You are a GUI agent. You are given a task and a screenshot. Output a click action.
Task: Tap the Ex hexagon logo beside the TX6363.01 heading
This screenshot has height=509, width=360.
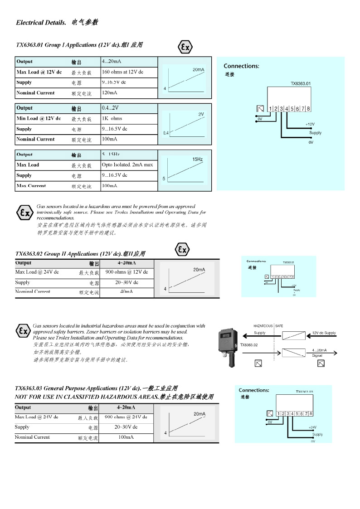click(185, 47)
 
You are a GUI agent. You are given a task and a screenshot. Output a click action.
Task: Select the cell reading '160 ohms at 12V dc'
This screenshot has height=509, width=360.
click(122, 72)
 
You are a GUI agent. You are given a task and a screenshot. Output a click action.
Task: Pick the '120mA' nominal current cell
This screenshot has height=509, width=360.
click(109, 93)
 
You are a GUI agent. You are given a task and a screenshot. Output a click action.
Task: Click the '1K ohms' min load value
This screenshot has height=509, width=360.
click(112, 119)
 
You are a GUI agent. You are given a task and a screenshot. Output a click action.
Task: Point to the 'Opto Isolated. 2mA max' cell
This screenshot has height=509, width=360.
click(127, 165)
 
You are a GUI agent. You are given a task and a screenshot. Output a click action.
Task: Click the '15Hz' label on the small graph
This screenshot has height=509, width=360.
click(197, 160)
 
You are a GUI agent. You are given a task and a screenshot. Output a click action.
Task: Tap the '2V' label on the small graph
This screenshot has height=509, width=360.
click(201, 114)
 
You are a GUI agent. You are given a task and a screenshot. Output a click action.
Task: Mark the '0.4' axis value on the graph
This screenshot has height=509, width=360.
click(166, 133)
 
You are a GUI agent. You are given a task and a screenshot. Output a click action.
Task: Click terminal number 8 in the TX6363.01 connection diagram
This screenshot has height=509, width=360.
click(308, 109)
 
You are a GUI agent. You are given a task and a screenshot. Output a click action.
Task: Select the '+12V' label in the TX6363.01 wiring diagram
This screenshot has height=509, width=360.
click(310, 124)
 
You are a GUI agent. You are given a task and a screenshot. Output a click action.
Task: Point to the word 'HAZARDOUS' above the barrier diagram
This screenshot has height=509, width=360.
click(263, 326)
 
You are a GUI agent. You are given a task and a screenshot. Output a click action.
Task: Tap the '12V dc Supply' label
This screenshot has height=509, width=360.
click(324, 333)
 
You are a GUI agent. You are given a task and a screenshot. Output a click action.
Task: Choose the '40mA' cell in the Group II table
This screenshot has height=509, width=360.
click(126, 292)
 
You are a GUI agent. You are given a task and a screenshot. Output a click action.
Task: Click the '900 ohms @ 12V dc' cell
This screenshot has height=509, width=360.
click(126, 272)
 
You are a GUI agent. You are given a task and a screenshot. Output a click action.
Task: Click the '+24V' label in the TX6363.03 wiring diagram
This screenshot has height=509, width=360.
click(312, 427)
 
